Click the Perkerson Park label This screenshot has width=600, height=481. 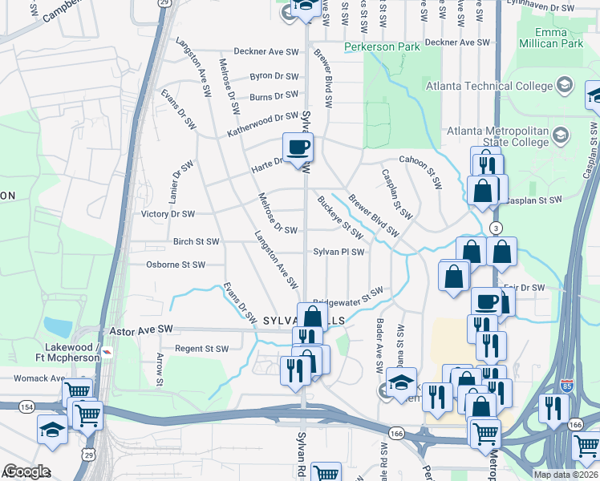[382, 47]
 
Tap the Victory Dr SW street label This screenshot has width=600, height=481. [168, 214]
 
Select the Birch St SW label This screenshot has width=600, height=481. [196, 241]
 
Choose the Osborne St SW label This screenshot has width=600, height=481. [176, 265]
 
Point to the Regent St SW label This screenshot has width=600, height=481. [201, 349]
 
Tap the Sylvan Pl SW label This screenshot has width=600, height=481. [339, 252]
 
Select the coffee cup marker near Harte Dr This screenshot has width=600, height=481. [298, 148]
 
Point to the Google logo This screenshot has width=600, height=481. [26, 471]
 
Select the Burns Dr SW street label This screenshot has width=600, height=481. [273, 97]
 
